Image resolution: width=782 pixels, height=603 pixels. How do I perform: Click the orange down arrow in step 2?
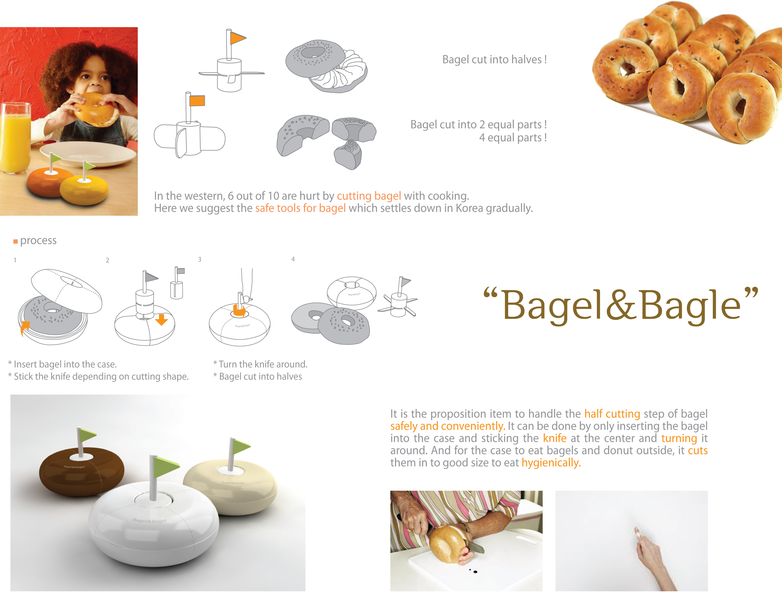161,319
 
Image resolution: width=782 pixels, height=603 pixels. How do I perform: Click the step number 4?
293,259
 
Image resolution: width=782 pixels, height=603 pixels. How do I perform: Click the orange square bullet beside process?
15,241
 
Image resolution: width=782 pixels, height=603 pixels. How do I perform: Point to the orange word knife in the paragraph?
555,438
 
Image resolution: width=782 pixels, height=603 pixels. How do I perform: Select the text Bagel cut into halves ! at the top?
495,59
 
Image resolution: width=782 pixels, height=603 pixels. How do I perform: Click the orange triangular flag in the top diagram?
238,38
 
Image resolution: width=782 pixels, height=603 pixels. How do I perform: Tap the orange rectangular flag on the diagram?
197,101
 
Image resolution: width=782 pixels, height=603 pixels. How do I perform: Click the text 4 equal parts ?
513,138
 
